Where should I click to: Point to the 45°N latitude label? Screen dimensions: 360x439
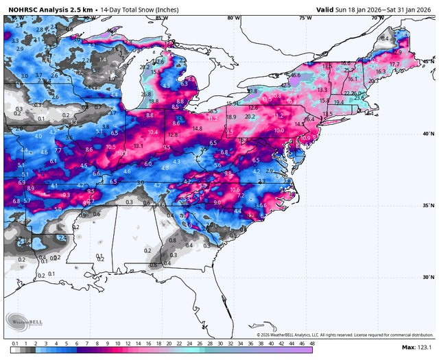point(428,62)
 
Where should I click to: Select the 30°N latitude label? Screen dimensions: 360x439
point(428,277)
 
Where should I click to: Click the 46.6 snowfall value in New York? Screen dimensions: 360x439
point(296,75)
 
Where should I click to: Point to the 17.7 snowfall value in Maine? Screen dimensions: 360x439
point(394,64)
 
